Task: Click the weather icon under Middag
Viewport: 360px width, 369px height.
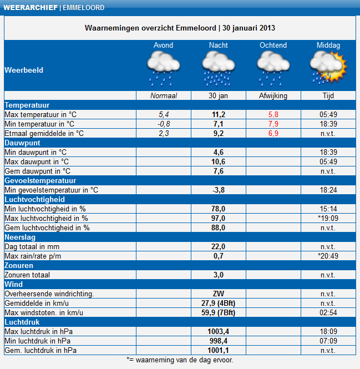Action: [328, 68]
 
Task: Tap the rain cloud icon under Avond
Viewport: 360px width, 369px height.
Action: [163, 68]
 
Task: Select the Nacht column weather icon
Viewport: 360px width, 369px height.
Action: [219, 68]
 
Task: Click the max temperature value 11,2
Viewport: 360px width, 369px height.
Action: [219, 114]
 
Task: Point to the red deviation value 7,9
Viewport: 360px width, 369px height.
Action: [273, 124]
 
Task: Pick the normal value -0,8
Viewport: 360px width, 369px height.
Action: [164, 124]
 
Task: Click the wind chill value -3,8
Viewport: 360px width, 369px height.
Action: [219, 190]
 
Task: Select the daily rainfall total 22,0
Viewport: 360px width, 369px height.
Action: [219, 246]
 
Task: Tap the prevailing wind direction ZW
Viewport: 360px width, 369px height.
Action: [219, 294]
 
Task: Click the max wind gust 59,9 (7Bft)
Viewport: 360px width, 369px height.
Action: [219, 312]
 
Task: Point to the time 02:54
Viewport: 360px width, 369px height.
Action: [328, 312]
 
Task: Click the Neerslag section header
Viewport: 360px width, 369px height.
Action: [20, 237]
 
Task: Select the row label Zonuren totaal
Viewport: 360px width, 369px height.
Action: [27, 275]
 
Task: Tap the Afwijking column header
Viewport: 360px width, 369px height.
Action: [273, 96]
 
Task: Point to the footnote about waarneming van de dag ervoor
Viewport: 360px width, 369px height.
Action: [180, 360]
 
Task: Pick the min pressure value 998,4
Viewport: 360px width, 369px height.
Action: [219, 341]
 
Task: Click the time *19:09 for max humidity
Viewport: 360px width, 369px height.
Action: [328, 218]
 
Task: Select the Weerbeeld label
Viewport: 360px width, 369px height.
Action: [23, 70]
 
